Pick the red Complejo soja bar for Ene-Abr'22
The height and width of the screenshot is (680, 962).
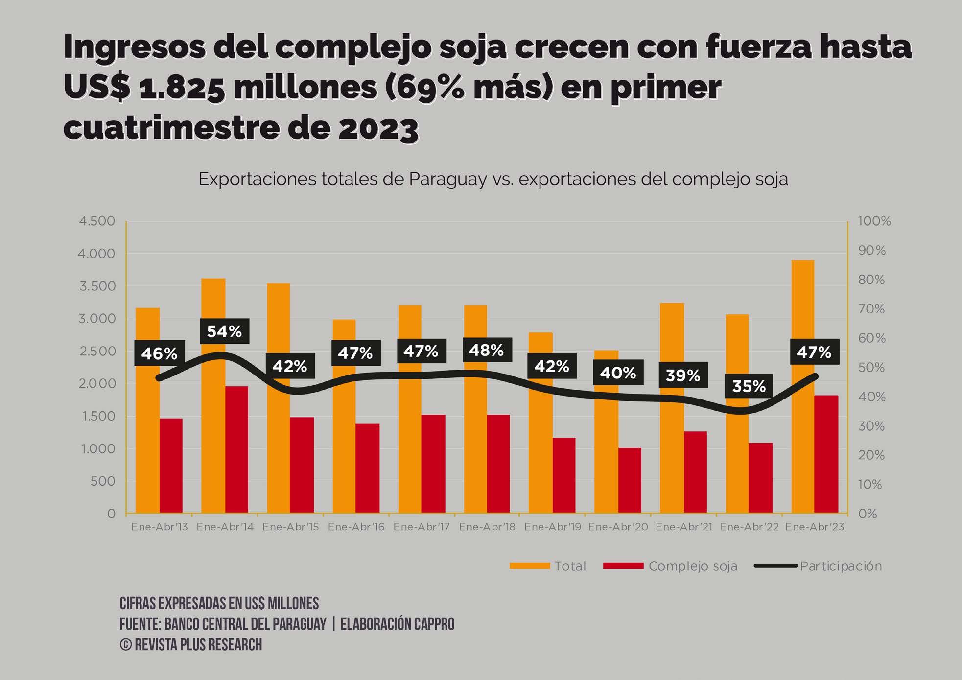[760, 478]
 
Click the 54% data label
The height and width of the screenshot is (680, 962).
[224, 331]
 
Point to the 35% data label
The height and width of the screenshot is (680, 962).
[749, 386]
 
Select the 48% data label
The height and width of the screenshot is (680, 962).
[486, 350]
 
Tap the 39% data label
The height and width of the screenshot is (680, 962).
[682, 375]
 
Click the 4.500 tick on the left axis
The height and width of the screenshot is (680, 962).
[97, 221]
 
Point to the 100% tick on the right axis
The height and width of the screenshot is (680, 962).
[874, 221]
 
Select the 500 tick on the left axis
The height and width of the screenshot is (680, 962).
[103, 481]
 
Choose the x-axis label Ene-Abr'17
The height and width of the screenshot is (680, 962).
[422, 527]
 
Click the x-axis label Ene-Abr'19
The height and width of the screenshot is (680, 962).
[552, 527]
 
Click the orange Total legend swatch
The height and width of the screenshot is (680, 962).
[529, 566]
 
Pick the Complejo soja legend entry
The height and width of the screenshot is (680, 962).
[692, 566]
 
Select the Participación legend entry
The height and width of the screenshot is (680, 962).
[841, 566]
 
